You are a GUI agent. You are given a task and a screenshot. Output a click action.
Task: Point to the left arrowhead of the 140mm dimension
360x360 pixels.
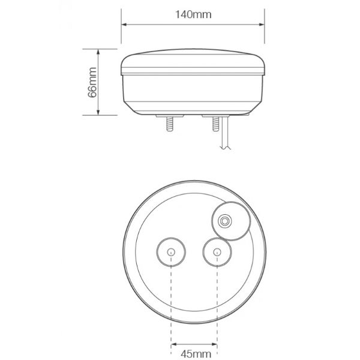[x=125, y=25]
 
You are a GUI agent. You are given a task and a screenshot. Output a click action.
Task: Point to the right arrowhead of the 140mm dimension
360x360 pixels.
[x=263, y=25]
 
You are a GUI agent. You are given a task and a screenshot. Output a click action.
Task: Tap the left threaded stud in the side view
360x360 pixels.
[x=169, y=126]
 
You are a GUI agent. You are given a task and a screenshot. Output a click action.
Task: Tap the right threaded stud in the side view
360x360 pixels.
[x=214, y=126]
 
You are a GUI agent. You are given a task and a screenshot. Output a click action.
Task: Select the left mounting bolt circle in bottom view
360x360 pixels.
[x=170, y=252]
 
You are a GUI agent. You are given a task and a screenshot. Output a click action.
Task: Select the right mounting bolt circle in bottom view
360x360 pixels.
[x=215, y=252]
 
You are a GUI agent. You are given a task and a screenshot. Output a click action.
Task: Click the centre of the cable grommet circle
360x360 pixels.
[x=226, y=221]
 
